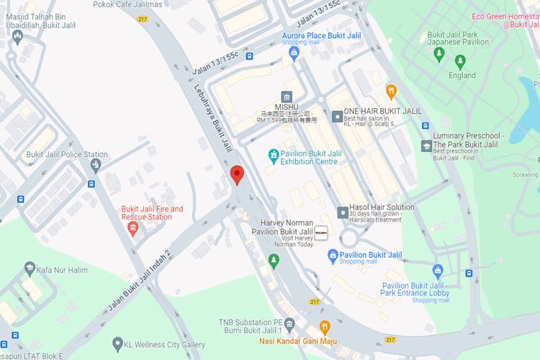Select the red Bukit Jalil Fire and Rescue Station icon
132,228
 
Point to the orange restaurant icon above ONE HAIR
392,91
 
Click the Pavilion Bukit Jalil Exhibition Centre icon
273,155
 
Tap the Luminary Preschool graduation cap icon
426,146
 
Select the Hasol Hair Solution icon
343,212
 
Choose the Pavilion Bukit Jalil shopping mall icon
333,255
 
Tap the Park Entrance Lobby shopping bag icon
438,271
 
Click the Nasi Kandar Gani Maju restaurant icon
324,328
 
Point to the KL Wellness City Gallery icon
117,345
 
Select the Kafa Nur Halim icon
30,269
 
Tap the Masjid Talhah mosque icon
17,35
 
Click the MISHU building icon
287,97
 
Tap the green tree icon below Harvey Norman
273,259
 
